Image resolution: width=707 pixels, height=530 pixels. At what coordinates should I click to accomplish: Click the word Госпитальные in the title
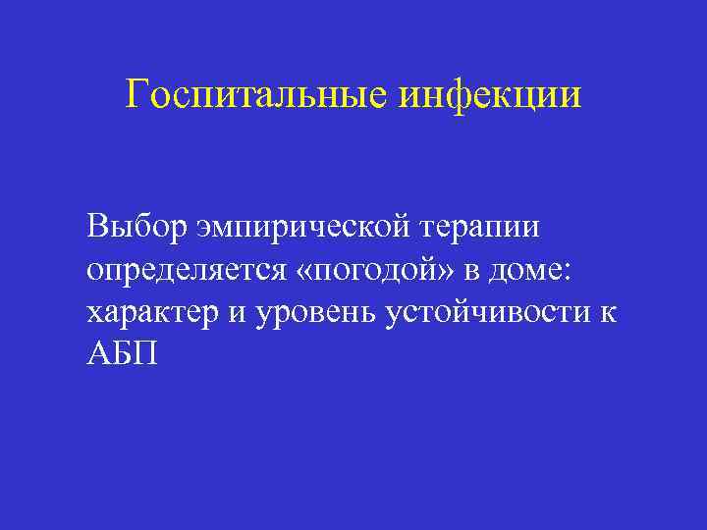point(259,95)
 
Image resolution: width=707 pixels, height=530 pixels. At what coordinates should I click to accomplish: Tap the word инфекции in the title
point(492,95)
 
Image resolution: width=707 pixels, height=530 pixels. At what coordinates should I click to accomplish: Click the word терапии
point(482,227)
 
